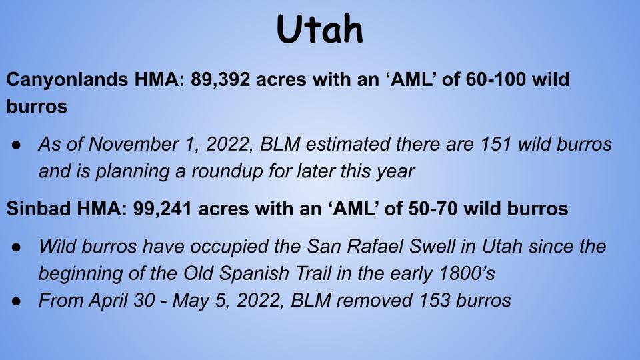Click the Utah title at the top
[319, 29]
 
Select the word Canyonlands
[67, 80]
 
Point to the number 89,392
[220, 79]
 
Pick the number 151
[496, 144]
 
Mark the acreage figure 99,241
[163, 209]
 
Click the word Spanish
[254, 273]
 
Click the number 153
[435, 301]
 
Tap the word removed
[375, 301]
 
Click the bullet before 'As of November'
[16, 145]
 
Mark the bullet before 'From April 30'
[16, 301]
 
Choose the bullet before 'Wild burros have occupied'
[16, 247]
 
